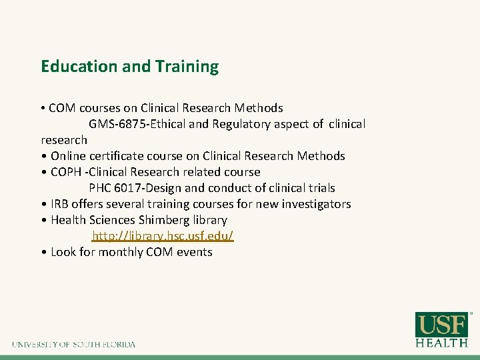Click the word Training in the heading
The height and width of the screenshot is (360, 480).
click(x=187, y=67)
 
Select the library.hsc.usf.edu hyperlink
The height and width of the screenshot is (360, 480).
click(x=163, y=236)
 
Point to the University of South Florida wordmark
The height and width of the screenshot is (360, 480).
click(x=73, y=345)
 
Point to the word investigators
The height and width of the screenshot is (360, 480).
click(x=317, y=204)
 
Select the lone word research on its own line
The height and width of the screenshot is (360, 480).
click(x=64, y=140)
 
